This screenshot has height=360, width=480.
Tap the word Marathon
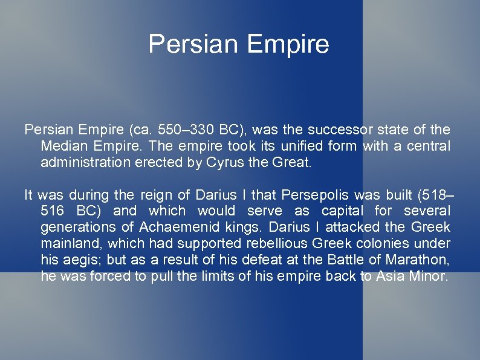(x=420, y=260)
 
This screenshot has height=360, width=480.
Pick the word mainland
(x=67, y=244)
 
